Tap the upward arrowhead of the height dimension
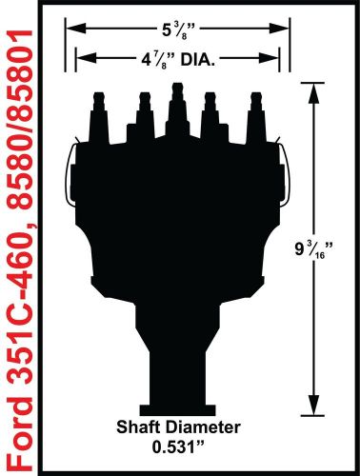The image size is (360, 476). click(311, 88)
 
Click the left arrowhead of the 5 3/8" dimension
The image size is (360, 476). click(69, 28)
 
